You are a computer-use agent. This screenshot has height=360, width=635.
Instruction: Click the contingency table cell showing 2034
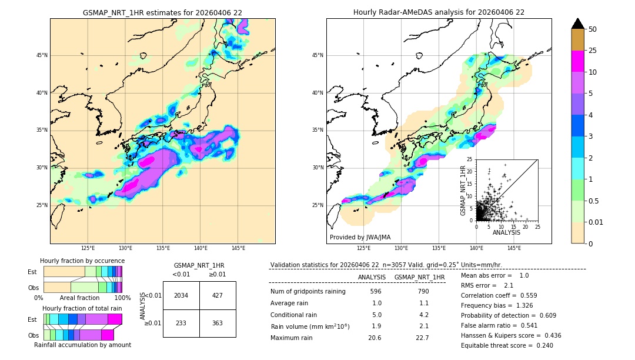click(181, 295)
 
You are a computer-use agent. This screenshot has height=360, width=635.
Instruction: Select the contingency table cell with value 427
click(218, 295)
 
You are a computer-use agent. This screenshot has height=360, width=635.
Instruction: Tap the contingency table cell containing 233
click(181, 324)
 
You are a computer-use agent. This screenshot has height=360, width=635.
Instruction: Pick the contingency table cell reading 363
click(218, 324)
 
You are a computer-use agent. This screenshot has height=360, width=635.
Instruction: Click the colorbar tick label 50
click(593, 29)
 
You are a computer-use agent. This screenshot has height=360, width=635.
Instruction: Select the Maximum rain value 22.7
click(422, 338)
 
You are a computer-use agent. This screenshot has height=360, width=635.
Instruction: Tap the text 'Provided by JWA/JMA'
click(360, 237)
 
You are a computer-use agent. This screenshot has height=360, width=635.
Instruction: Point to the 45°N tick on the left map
click(41, 55)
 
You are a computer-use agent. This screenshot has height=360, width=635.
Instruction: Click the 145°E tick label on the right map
click(514, 248)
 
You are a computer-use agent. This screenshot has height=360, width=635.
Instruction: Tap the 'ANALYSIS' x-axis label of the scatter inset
click(506, 232)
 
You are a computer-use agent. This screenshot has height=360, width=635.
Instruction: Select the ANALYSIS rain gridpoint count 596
click(376, 291)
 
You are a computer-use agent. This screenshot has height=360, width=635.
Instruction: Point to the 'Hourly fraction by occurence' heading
click(82, 261)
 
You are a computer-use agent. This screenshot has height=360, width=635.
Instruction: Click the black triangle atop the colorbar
click(577, 24)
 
